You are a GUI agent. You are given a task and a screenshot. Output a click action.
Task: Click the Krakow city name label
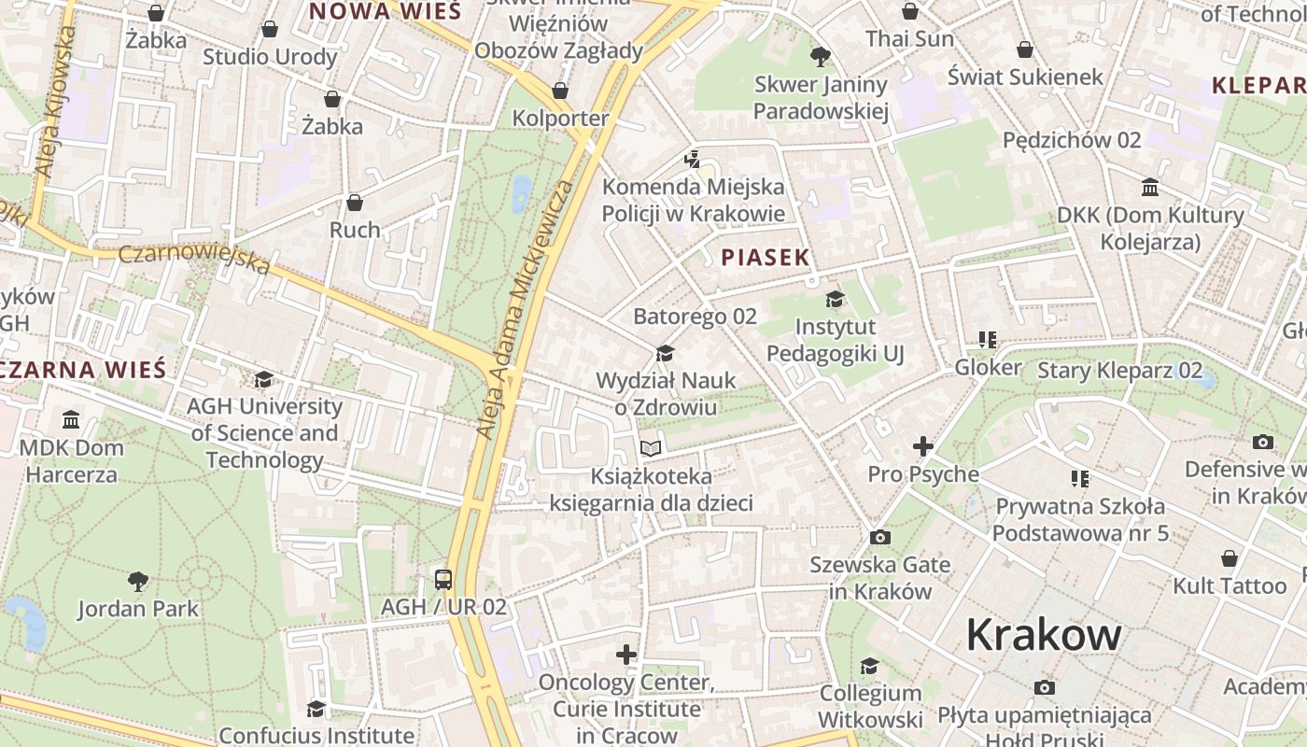[x=1043, y=635]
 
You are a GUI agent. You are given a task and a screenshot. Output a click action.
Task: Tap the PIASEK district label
[x=765, y=259]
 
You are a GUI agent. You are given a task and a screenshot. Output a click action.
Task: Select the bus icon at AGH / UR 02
[x=443, y=579]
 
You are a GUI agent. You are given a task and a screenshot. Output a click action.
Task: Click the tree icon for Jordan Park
[x=138, y=582]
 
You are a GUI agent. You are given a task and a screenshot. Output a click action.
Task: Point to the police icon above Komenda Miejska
[x=692, y=160]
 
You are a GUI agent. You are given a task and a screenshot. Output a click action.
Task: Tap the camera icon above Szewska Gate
[x=879, y=537]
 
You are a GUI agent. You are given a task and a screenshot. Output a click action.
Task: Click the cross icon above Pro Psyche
[x=922, y=446]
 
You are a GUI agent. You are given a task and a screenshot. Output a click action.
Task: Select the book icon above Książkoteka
[x=651, y=449]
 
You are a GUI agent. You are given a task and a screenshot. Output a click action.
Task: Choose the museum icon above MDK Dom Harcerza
[x=71, y=419]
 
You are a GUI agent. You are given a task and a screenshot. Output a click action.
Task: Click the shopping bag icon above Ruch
[x=355, y=203]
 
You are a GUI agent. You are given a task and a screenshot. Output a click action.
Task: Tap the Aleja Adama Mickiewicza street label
[x=526, y=308]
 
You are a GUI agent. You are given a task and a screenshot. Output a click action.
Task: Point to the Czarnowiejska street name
[x=195, y=259]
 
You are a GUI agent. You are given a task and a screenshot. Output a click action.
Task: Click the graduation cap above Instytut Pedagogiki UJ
[x=835, y=299]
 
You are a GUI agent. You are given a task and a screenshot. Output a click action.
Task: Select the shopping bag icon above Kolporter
[x=560, y=91]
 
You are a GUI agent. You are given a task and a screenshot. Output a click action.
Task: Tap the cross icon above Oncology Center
[x=626, y=655]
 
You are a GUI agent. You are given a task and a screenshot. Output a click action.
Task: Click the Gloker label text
[x=988, y=368]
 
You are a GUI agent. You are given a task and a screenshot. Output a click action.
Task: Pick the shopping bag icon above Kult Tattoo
[x=1230, y=558]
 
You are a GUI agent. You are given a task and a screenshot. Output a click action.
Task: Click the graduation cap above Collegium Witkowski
[x=869, y=666]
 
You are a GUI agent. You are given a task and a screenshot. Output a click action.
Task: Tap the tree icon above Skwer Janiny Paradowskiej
[x=821, y=57]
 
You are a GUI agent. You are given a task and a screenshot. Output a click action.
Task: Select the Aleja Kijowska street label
[x=55, y=103]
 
